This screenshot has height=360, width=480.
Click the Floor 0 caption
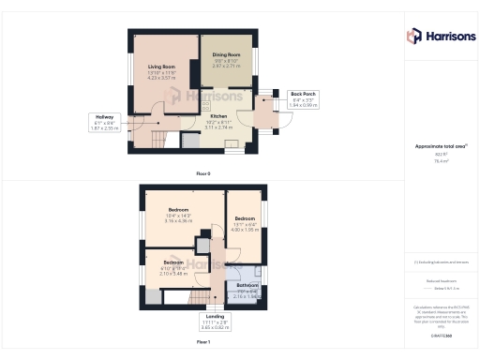203,173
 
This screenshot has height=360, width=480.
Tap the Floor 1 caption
203,342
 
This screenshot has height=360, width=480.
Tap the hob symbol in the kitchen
232,144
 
